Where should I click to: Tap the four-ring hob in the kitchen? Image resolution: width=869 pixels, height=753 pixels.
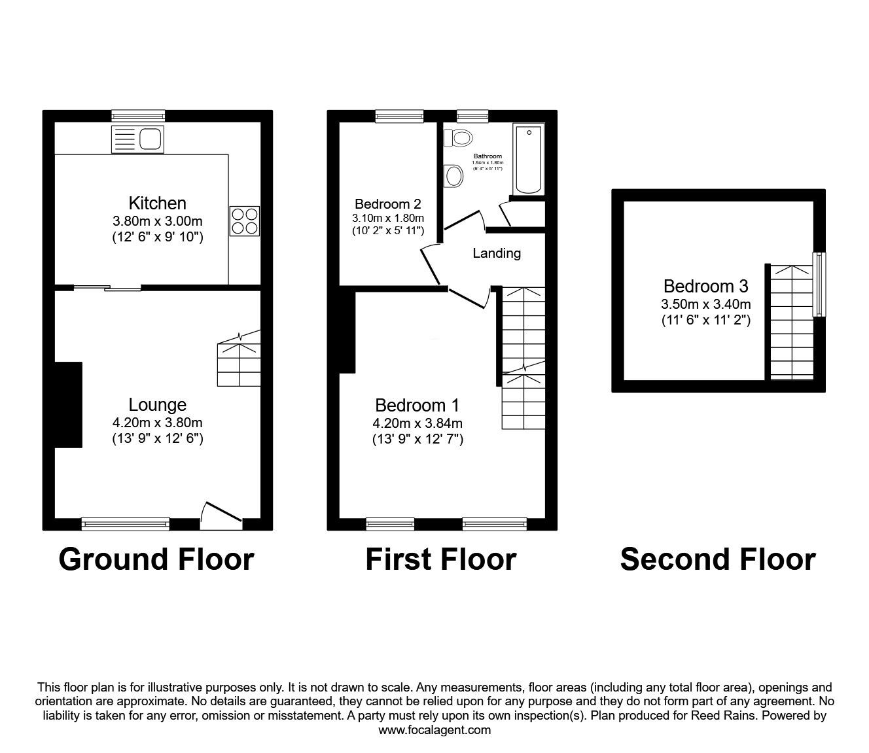point(245,220)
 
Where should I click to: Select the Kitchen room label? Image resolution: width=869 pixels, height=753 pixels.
point(157,203)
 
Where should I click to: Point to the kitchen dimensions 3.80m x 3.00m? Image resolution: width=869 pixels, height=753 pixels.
point(157,220)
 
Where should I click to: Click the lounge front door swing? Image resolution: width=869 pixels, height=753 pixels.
point(221,516)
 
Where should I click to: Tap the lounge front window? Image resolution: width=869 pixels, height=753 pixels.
point(126,523)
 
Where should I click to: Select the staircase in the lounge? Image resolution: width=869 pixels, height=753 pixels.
point(239,359)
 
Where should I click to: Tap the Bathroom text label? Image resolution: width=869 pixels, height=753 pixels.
point(488,156)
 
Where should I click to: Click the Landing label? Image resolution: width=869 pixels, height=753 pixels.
point(497,253)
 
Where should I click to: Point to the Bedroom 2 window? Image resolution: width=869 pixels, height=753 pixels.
point(399,116)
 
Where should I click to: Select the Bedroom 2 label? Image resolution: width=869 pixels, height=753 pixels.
point(387,203)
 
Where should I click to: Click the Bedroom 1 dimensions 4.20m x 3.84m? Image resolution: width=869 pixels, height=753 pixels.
point(417,423)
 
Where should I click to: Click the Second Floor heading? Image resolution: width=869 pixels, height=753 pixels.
point(717,559)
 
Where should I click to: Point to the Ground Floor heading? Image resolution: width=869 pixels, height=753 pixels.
point(156,559)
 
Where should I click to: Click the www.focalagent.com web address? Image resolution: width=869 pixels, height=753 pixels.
point(434,730)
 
